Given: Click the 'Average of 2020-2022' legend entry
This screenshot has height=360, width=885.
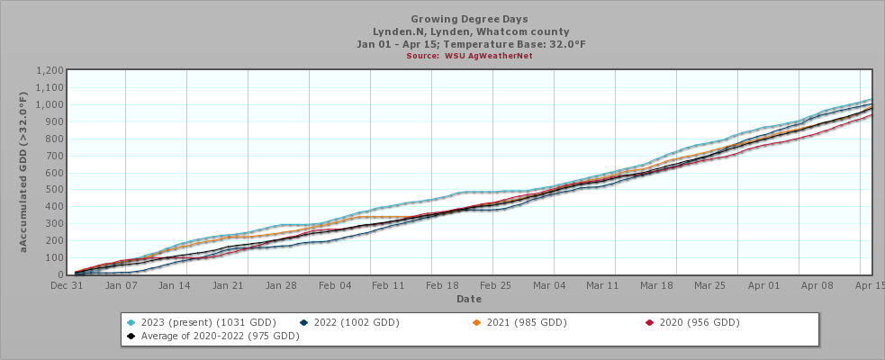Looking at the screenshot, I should tap(212, 336).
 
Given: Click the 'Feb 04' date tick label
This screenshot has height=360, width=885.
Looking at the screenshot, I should tap(334, 285).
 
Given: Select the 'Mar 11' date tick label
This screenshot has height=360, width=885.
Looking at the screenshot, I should tap(601, 285).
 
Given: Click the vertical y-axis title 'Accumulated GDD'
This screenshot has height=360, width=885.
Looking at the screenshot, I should tap(24, 171).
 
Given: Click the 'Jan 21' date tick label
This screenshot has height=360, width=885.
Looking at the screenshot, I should tap(228, 285).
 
